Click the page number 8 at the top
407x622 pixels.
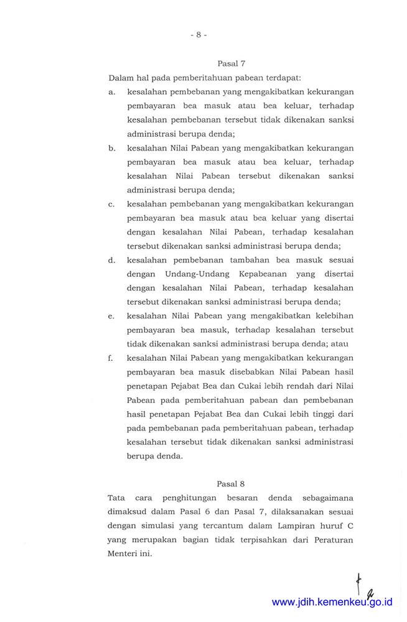tap(199, 35)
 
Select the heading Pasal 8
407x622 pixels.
tap(231, 483)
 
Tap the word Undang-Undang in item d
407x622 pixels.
tap(194, 274)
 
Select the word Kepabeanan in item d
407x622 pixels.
tap(260, 274)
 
